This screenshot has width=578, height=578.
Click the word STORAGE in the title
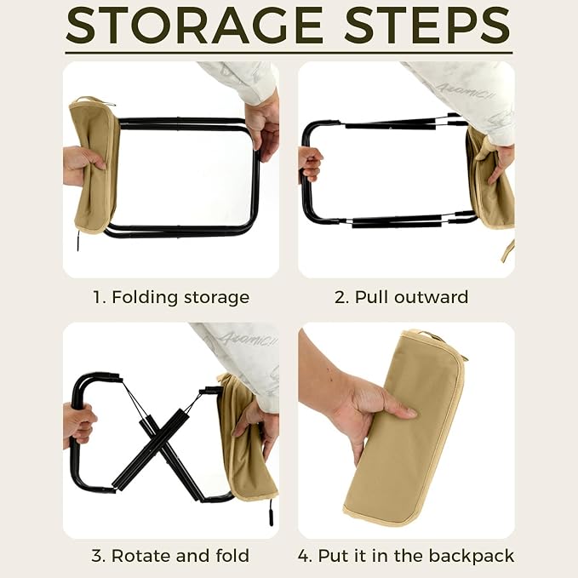194,25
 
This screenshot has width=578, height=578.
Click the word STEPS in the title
427,25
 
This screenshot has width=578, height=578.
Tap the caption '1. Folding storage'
171,297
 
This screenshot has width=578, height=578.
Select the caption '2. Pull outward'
402,297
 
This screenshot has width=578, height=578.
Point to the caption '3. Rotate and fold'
170,556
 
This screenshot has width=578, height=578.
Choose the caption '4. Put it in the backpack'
406,556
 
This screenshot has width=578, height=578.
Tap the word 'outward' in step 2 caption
432,297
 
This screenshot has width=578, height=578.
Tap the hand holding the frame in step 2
309,164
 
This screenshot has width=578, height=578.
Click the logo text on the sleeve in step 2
466,91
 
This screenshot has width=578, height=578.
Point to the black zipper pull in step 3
271,512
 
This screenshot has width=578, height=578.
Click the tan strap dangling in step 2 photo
508,250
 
